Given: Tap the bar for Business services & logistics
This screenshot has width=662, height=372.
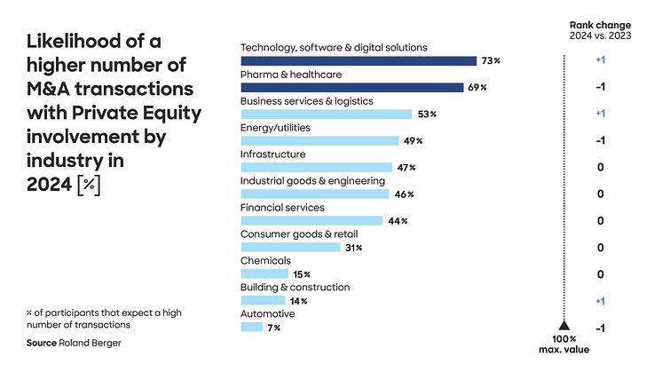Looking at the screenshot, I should coord(327,114).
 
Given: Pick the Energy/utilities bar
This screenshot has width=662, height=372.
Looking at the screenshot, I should coord(319,140).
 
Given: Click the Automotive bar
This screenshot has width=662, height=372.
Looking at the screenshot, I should coord(252,327).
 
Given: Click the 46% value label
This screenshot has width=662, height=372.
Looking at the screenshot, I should coord(405,194).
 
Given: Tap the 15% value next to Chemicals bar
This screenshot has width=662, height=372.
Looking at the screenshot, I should coord(302,274).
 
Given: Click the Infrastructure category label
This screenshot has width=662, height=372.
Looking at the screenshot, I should coord(273,154).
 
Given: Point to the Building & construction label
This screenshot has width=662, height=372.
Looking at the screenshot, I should coord(296,288).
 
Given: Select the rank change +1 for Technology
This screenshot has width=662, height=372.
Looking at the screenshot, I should coord(602,60).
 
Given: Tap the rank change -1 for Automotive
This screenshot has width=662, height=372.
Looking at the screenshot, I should coord(602,328).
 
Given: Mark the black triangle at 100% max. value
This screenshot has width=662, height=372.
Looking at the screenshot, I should coord(562,326).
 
